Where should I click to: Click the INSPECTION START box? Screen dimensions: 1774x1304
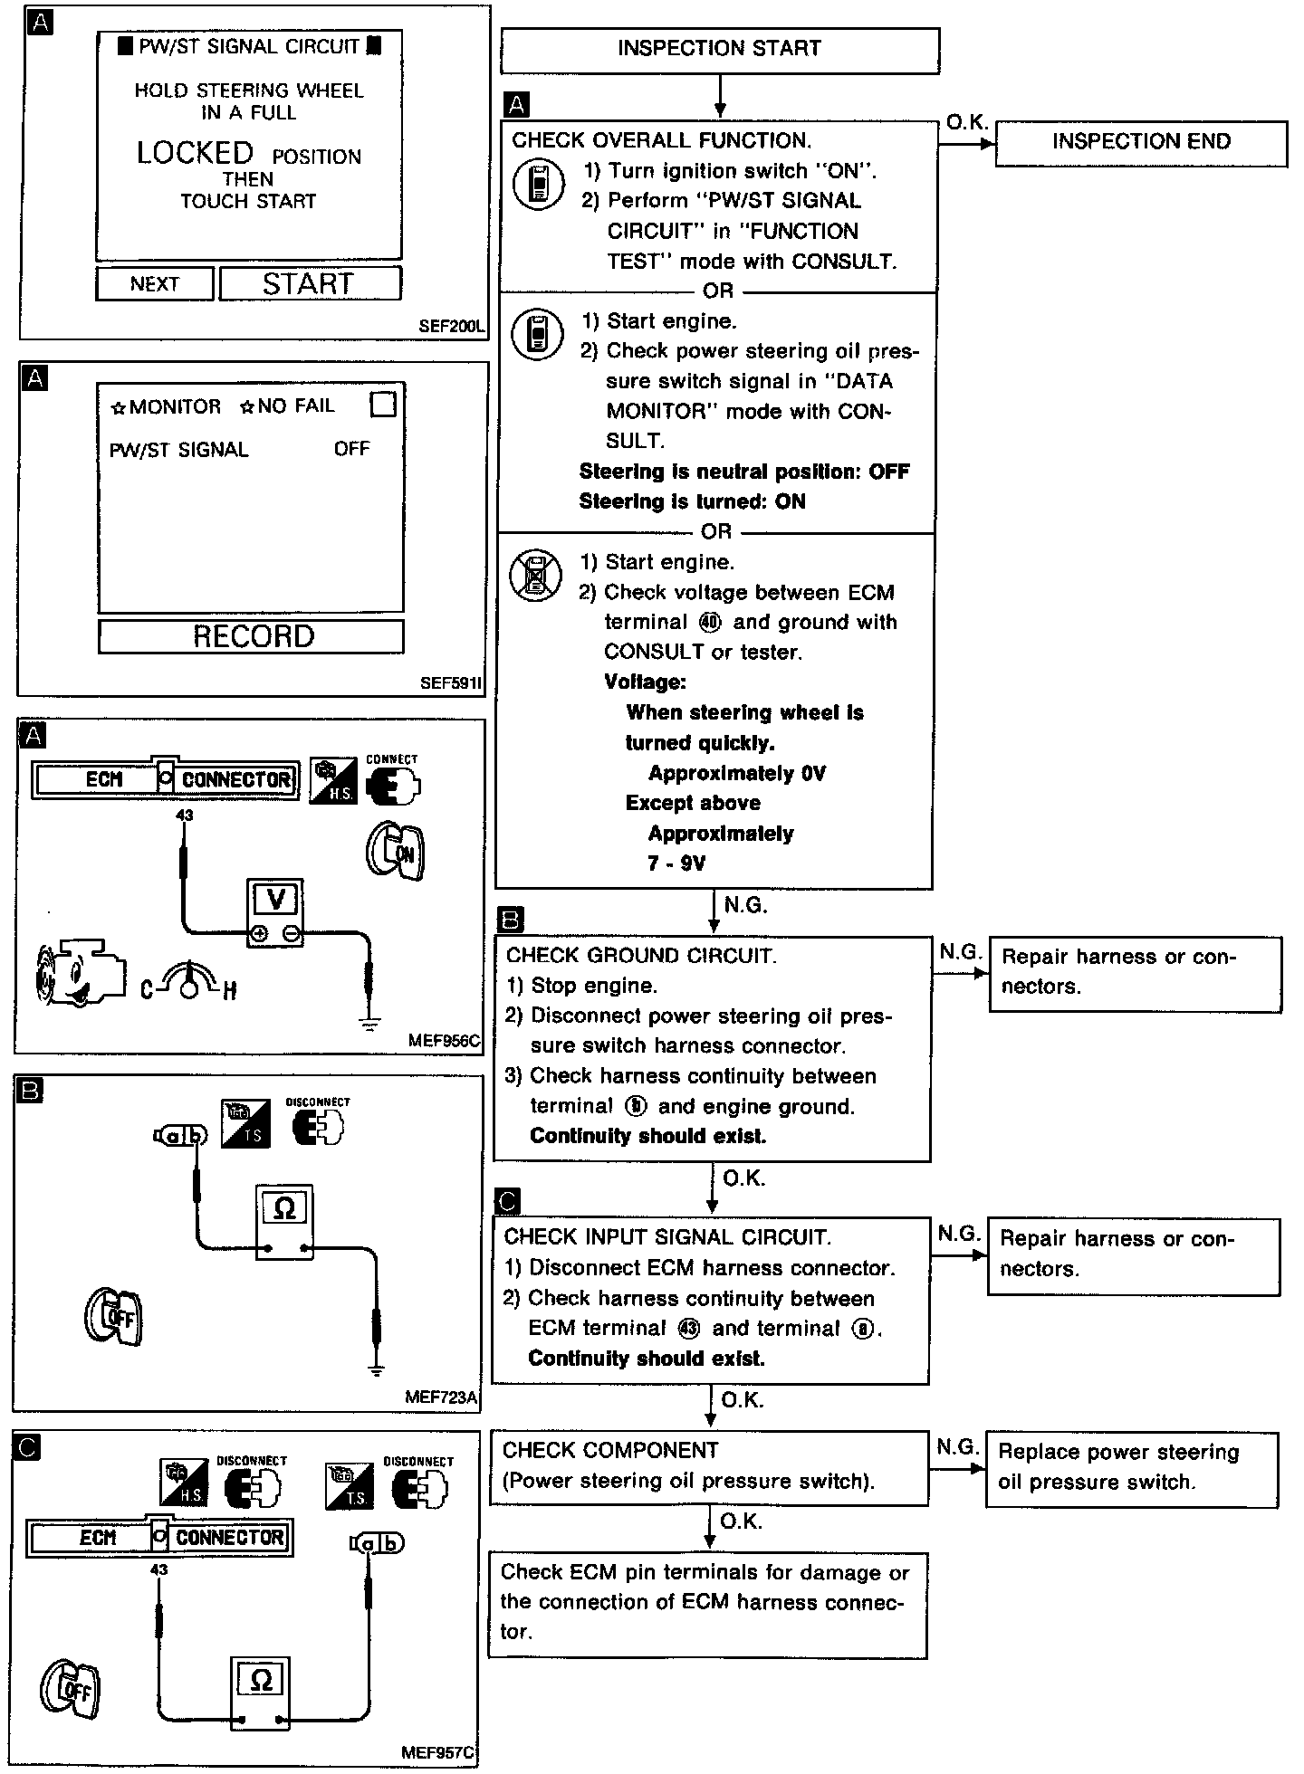[719, 50]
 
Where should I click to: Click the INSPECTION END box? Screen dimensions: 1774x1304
[1140, 143]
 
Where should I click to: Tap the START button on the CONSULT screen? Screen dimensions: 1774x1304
[310, 284]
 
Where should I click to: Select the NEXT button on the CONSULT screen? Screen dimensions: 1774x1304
[155, 284]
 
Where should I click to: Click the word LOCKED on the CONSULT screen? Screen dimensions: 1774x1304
[195, 154]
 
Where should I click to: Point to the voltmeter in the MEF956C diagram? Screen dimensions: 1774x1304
[276, 912]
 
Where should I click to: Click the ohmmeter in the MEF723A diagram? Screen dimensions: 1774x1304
[284, 1222]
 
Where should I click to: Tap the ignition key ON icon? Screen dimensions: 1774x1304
[396, 851]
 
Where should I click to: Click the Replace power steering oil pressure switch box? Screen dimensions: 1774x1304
[1131, 1469]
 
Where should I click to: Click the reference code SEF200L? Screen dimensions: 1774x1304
[452, 327]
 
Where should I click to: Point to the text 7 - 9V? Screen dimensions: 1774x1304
[676, 863]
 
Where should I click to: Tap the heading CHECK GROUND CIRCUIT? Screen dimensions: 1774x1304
[641, 956]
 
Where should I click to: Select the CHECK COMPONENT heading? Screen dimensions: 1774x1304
[610, 1450]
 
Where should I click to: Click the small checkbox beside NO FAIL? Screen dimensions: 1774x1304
[383, 405]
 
